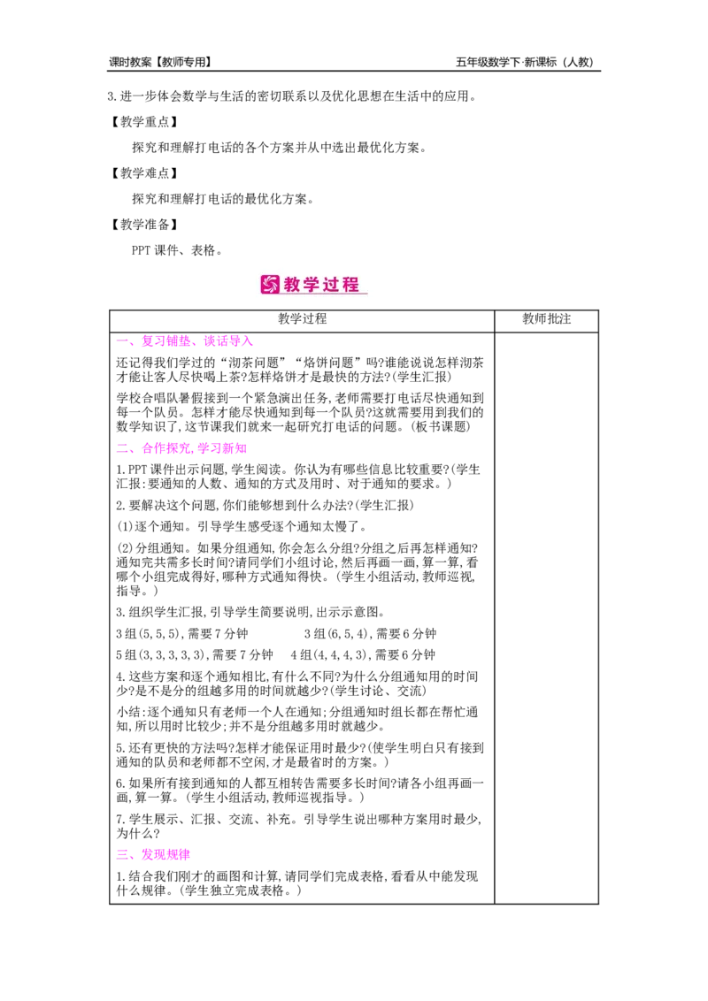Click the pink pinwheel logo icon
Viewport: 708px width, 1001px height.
click(x=270, y=285)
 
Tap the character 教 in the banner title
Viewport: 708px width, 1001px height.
click(x=294, y=285)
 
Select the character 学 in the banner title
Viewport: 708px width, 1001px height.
click(x=313, y=285)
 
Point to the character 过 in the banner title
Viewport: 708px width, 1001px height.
click(x=333, y=285)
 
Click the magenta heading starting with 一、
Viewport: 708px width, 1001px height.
click(x=184, y=340)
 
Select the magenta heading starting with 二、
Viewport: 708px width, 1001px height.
click(x=181, y=449)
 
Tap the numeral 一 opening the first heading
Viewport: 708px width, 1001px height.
click(x=121, y=340)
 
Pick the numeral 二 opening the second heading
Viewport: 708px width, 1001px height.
click(x=121, y=449)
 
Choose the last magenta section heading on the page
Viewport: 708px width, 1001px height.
click(x=152, y=855)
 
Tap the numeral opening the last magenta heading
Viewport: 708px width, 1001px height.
click(x=121, y=855)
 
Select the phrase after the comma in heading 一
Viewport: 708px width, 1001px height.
click(x=228, y=340)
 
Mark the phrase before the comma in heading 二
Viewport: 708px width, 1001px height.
click(x=165, y=449)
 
